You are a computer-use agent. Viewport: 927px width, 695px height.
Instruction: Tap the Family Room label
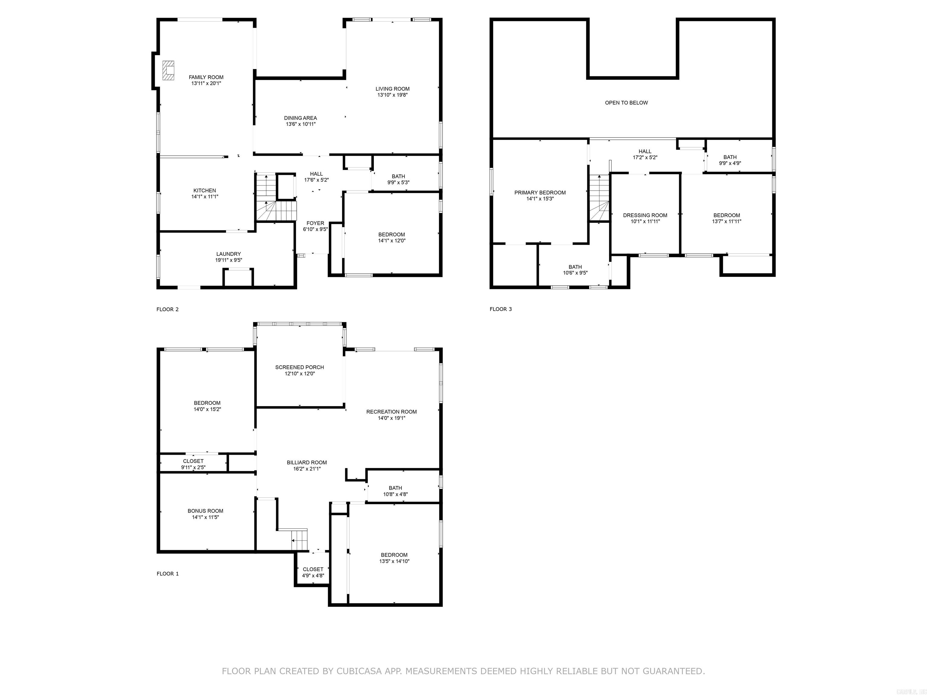click(206, 78)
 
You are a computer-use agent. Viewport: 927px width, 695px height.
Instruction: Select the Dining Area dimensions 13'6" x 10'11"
click(301, 124)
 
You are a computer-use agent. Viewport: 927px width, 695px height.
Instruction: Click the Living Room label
click(392, 89)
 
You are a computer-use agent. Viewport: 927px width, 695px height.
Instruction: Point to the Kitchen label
click(205, 191)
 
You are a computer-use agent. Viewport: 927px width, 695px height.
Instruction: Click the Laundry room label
click(228, 254)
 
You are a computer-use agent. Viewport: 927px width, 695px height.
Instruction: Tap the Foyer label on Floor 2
click(315, 223)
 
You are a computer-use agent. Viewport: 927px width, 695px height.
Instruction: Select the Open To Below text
click(626, 103)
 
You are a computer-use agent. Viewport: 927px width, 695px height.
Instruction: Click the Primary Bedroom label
click(540, 193)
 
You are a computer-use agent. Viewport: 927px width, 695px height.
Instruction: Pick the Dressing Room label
click(645, 215)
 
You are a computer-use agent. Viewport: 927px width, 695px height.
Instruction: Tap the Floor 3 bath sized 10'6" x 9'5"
click(575, 270)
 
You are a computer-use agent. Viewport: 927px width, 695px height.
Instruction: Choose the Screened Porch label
click(299, 367)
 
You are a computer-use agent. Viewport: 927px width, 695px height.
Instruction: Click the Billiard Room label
click(307, 462)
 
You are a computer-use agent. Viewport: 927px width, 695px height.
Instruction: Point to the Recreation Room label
click(391, 412)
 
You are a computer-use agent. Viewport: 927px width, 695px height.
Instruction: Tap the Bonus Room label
click(205, 511)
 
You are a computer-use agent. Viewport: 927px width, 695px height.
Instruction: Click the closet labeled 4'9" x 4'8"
click(313, 572)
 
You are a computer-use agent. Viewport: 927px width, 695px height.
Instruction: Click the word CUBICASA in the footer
click(359, 671)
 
